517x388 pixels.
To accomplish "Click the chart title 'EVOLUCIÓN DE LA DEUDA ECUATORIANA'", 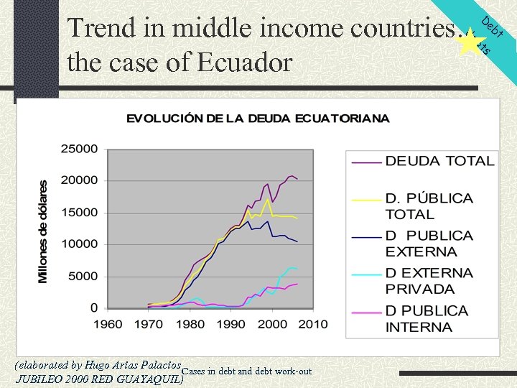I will click(x=258, y=119).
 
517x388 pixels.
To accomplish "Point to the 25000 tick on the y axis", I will click(x=79, y=149).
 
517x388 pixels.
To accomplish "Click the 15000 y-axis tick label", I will click(x=79, y=213).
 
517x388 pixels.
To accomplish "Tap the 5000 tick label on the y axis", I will click(x=83, y=277).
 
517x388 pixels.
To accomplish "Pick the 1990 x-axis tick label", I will click(x=230, y=323).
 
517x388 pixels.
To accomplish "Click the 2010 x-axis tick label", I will click(x=312, y=323).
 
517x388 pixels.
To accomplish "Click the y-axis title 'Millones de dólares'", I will click(x=44, y=231).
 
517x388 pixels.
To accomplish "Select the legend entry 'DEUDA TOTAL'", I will click(x=439, y=161).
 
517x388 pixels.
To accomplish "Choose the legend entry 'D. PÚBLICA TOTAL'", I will click(x=429, y=205).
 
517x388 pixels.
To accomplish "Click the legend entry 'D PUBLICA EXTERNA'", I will click(x=429, y=244).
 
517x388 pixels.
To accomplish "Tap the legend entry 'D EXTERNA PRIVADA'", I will click(x=429, y=281).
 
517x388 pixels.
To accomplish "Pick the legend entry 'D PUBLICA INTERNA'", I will click(x=427, y=319).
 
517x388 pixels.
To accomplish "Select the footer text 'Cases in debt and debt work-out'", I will click(x=247, y=371).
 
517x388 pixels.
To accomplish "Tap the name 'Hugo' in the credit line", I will click(x=96, y=364).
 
